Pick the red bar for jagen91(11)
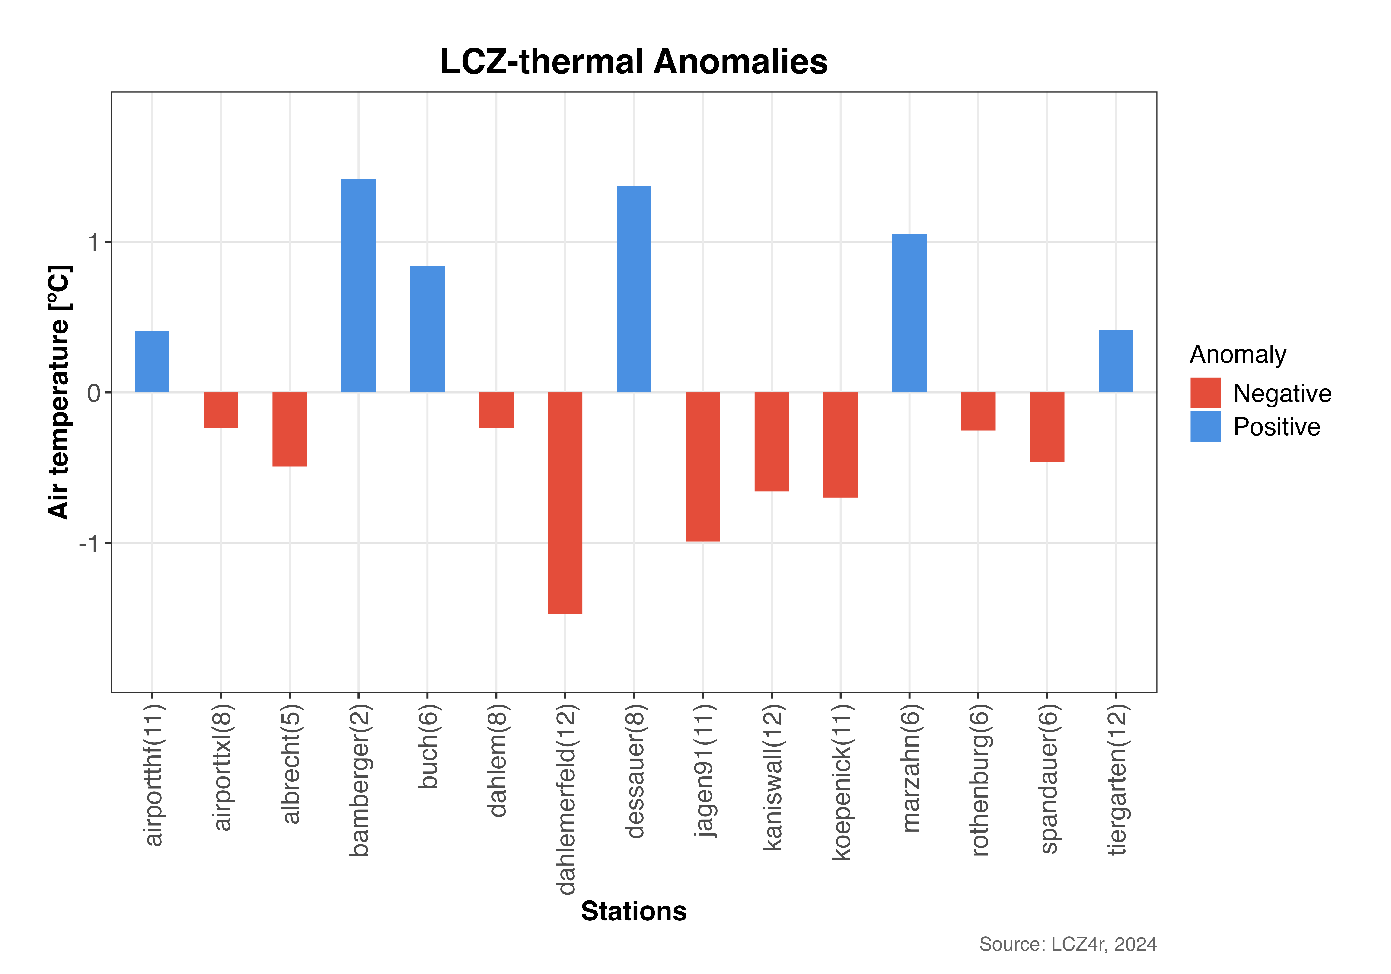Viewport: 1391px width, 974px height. [x=703, y=467]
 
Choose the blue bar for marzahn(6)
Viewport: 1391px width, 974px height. [x=909, y=313]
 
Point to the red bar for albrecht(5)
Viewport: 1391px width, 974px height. [x=290, y=429]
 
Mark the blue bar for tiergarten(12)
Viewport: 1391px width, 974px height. [x=1116, y=361]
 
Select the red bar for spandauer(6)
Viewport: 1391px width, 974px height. [x=1047, y=427]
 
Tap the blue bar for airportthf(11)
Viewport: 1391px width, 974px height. [x=151, y=362]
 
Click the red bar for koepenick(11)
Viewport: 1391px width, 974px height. [x=840, y=445]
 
